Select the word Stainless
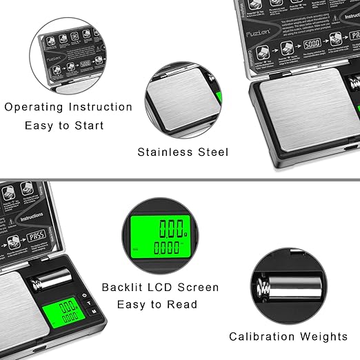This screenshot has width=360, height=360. [166, 152]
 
